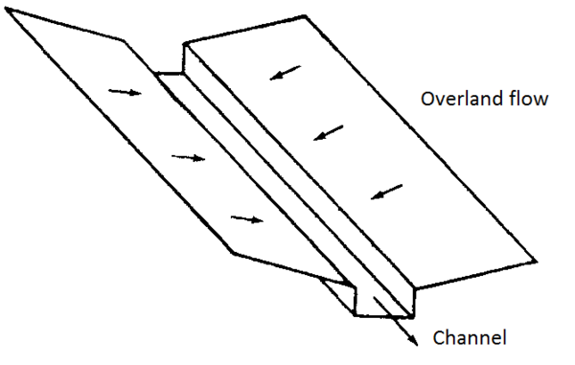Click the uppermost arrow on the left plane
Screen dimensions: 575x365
click(x=123, y=92)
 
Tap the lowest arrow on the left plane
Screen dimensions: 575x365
click(x=246, y=219)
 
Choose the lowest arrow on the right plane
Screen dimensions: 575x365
click(x=387, y=194)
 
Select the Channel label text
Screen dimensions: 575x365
click(x=470, y=337)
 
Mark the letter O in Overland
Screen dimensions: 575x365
click(x=424, y=100)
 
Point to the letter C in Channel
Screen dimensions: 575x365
click(x=439, y=337)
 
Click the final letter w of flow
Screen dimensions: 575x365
click(x=542, y=100)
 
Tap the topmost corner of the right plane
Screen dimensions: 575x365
click(x=307, y=15)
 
